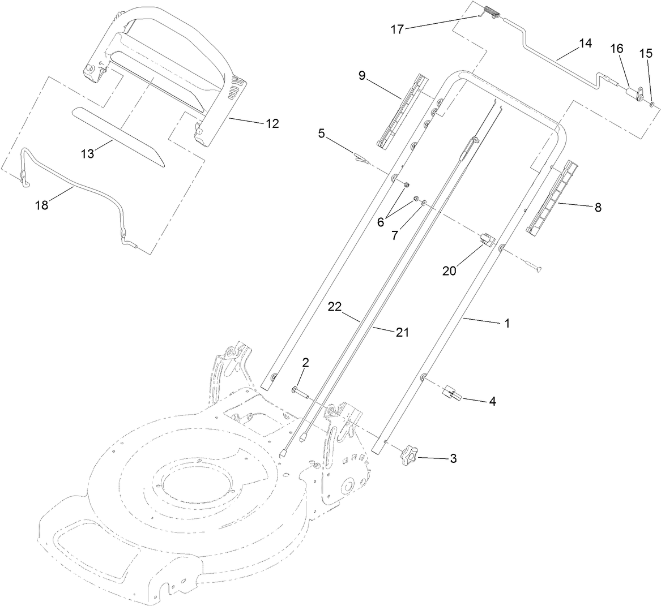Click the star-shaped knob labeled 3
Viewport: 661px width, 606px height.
click(410, 455)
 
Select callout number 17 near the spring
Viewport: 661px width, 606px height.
click(398, 29)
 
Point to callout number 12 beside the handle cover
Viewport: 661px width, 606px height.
click(272, 123)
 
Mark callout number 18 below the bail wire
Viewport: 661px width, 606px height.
click(42, 205)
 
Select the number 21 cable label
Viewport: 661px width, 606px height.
click(402, 333)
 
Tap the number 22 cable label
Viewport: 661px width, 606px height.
click(335, 307)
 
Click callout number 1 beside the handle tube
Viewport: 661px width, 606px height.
click(507, 323)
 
